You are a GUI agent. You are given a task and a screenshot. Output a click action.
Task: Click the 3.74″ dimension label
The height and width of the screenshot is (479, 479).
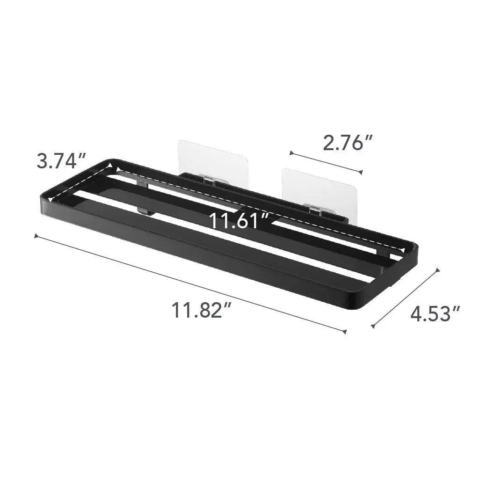point(61,161)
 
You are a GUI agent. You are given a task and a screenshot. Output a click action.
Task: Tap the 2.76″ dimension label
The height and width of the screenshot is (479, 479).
point(348,143)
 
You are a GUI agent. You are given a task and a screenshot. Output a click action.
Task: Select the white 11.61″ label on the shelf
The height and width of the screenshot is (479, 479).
point(239,221)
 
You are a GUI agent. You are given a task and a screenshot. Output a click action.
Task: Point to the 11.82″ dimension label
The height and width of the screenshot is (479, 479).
point(201,310)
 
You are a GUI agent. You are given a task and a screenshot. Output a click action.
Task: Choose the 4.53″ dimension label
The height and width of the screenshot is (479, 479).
point(435,314)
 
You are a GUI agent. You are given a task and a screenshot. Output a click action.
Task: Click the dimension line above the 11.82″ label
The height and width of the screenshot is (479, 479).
point(190,283)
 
